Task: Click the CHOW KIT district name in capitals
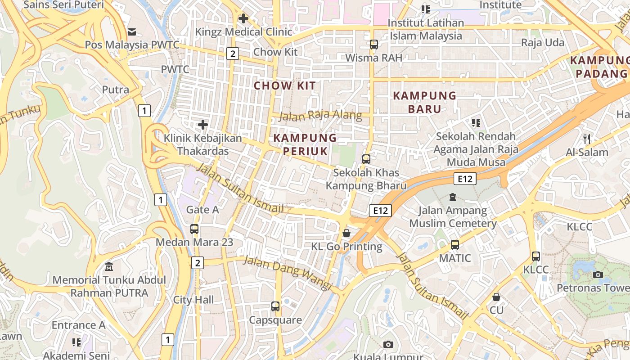pos(284,85)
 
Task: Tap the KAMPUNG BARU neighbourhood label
pos(424,102)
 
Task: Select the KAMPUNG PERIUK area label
pos(305,144)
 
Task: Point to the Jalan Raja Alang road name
pos(320,116)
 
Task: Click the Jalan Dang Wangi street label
pos(287,273)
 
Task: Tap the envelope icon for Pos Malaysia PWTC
pos(132,31)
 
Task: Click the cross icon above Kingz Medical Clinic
pos(243,18)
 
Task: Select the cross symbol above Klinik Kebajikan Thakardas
pos(203,125)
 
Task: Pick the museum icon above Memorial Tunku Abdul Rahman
pos(109,267)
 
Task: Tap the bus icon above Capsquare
pos(275,306)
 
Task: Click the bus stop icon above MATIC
pos(455,245)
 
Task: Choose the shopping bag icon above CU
pos(496,297)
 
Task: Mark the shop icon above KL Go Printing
pos(346,233)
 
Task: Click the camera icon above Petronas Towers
pos(598,274)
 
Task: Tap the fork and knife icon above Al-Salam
pos(586,139)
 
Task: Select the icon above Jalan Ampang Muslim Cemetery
pos(452,197)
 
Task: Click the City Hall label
pos(193,300)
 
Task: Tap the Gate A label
pos(202,210)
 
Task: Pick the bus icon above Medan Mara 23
pos(194,229)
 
